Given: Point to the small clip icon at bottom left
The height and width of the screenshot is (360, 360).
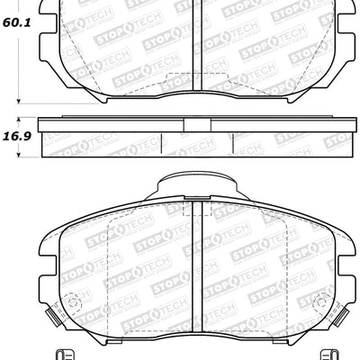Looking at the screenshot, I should (87, 354).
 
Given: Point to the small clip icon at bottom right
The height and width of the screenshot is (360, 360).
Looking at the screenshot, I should (306, 354).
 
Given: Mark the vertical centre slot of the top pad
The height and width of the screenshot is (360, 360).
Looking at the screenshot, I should (197, 36).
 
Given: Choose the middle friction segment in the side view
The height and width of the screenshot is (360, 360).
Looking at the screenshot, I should (197, 142).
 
